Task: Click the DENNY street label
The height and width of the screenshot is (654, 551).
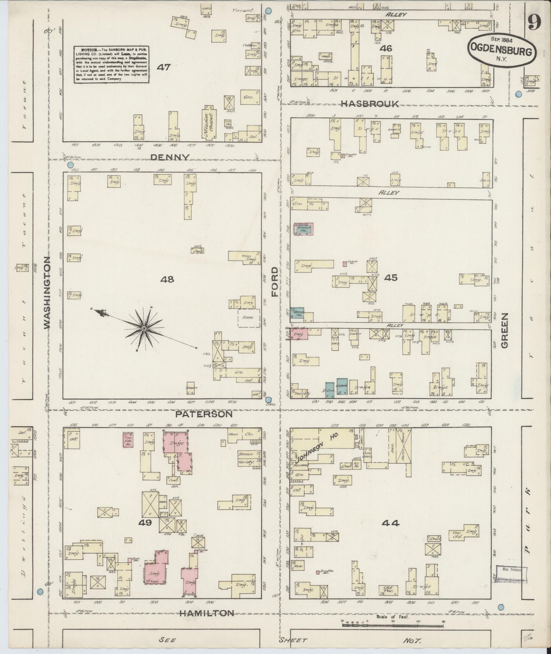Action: click(170, 157)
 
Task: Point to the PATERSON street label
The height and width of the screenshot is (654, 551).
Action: click(204, 414)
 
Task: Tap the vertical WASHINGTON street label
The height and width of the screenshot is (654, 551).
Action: click(47, 292)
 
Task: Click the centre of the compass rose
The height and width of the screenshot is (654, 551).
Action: click(144, 329)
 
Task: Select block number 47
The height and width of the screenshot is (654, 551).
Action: click(164, 67)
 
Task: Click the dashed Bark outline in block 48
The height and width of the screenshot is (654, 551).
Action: click(248, 318)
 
